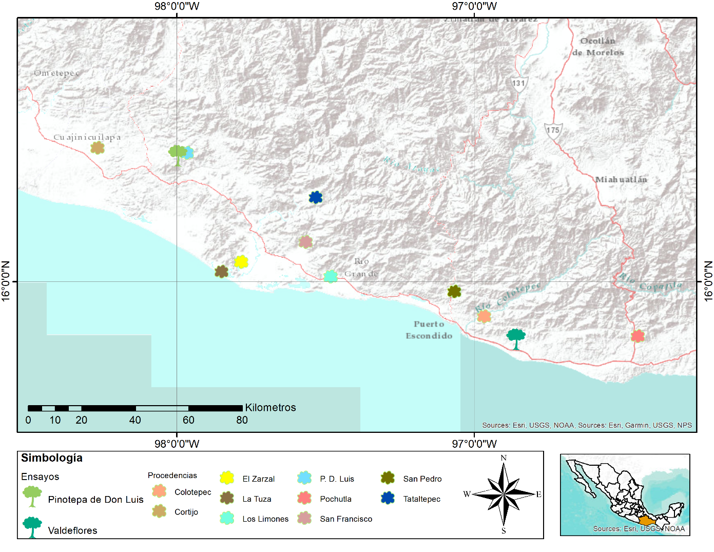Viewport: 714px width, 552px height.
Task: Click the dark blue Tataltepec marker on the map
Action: (x=316, y=197)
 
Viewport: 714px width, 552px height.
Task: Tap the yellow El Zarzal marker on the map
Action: (x=241, y=262)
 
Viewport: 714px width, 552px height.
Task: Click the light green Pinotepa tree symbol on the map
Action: (x=178, y=154)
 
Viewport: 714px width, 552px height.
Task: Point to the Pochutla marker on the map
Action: (x=638, y=336)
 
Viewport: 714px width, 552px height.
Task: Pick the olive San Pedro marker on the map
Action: (x=454, y=292)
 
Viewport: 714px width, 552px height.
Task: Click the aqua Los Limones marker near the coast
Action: (x=331, y=276)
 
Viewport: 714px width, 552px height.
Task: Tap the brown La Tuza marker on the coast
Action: (x=221, y=272)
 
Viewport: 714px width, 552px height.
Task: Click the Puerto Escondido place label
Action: (x=429, y=330)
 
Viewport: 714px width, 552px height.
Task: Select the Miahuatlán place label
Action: (x=621, y=179)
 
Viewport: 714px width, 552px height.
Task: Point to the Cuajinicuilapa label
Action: (x=87, y=137)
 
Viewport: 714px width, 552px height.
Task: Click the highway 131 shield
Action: (x=519, y=84)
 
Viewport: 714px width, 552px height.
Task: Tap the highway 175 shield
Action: (x=553, y=130)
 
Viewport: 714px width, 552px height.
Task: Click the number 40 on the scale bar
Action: (x=135, y=420)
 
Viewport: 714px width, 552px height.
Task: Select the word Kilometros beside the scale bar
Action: (x=271, y=408)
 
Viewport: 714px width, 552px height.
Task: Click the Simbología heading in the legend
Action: (x=52, y=458)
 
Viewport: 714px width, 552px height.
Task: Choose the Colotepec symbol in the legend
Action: (x=160, y=491)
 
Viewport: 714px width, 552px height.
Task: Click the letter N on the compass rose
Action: (x=504, y=458)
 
